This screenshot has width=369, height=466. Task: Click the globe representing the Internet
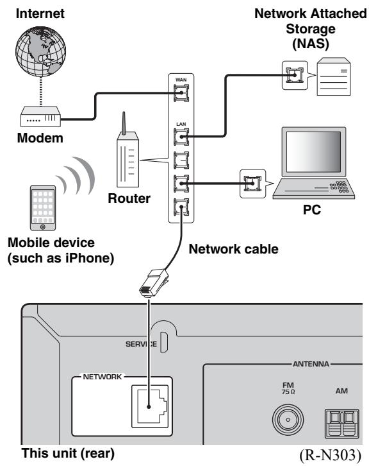click(40, 52)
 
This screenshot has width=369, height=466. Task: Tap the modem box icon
click(40, 117)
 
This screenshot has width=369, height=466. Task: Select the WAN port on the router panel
click(181, 93)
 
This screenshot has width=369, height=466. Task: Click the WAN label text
click(181, 80)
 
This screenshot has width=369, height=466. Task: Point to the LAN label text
click(181, 124)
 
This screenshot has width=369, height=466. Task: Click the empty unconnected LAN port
click(181, 160)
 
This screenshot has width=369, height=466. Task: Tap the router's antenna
click(124, 123)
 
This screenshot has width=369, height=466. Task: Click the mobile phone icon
click(43, 208)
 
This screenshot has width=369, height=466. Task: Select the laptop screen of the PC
click(313, 152)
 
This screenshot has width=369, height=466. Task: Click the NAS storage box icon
click(334, 76)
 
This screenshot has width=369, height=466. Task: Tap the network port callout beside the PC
click(252, 184)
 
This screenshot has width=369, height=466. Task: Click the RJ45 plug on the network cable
click(154, 282)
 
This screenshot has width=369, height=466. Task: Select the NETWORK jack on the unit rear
click(150, 406)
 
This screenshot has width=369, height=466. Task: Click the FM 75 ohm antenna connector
click(288, 420)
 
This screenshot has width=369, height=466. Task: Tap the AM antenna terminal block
click(341, 423)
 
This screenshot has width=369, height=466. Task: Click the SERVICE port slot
click(164, 341)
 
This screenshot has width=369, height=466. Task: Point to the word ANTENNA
click(311, 364)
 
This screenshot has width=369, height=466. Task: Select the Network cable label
click(233, 249)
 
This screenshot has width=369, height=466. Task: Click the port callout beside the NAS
click(295, 75)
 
